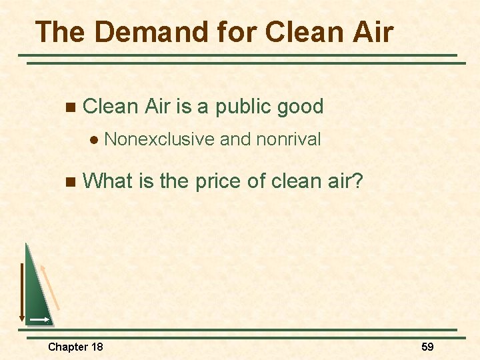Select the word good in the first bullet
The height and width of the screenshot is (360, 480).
tap(301, 107)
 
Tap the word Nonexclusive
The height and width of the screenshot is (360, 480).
tap(159, 139)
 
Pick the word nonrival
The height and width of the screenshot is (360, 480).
tap(288, 139)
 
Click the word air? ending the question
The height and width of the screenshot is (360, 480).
tap(343, 180)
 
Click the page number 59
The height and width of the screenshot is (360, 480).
tap(427, 347)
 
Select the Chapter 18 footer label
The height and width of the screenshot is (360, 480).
tap(75, 347)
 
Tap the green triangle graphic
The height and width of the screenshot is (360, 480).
tap(37, 293)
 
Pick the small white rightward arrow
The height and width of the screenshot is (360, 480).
tap(39, 321)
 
